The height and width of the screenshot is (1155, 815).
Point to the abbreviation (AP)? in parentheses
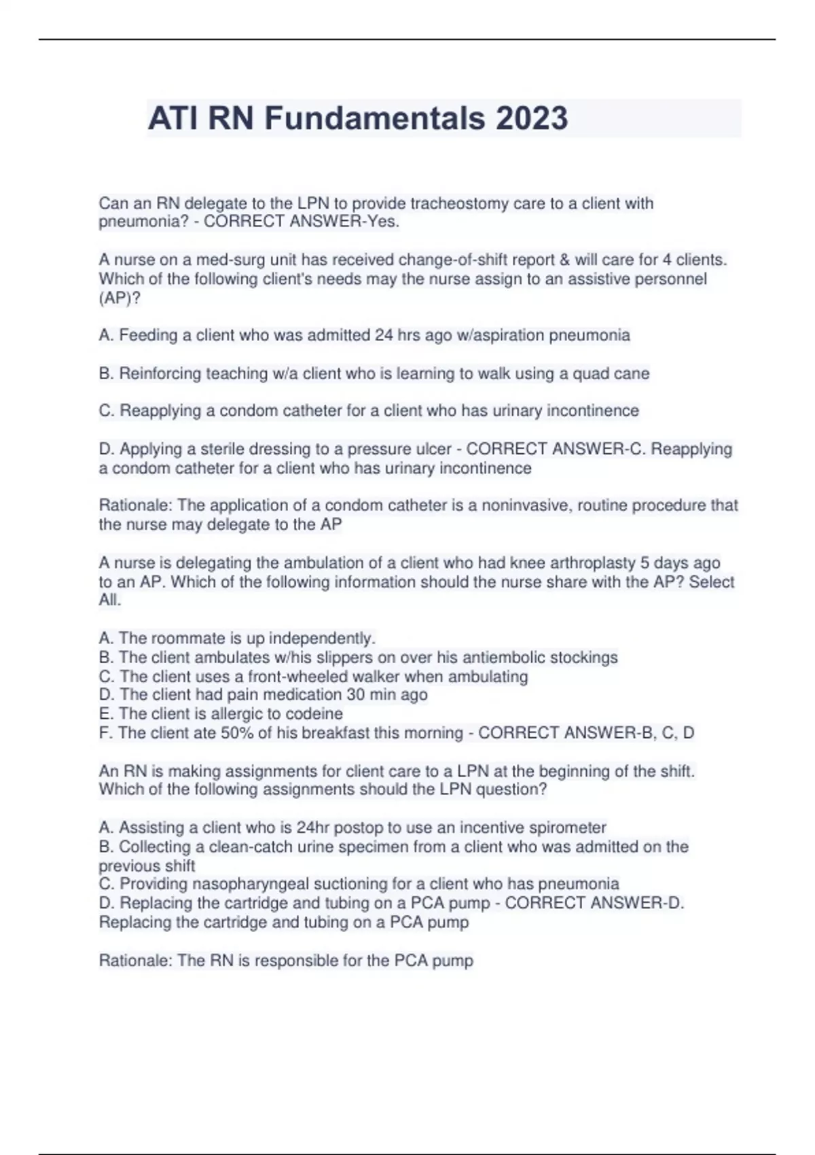coord(120,298)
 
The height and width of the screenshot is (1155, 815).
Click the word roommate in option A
coord(183,639)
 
